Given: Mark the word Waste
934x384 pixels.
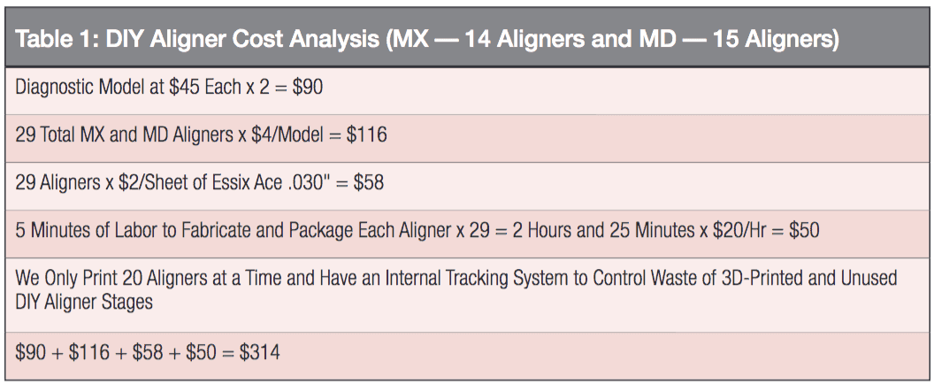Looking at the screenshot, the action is click(x=654, y=279).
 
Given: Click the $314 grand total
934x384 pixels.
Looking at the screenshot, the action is click(x=260, y=353).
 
